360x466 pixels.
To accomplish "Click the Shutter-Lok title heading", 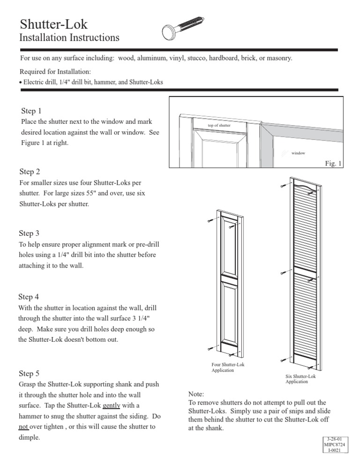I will coord(53,24).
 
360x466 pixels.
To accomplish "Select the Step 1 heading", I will coord(31,111).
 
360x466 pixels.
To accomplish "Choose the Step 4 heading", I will coord(29,297).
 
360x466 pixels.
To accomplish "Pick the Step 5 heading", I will coord(29,374).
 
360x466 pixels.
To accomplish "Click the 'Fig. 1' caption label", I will coord(334,163).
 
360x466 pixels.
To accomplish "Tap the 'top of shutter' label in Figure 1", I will coord(219,126).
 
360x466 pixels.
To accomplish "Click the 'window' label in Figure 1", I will coord(298,153).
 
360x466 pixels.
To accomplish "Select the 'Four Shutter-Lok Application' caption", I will coord(228,367).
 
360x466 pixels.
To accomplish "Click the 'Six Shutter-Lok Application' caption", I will coord(300,379).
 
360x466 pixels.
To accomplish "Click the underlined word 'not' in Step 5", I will coord(24,428).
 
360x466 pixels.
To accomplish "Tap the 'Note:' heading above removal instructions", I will coord(196,394).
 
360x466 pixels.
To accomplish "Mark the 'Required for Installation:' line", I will coord(55,72).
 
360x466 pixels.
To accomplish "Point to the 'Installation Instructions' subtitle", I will coord(69,38).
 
